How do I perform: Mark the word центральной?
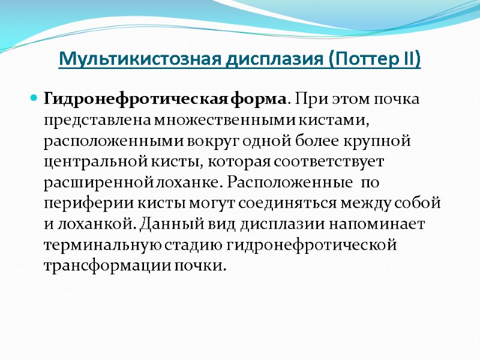coord(92,161)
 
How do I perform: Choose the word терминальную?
coord(97,245)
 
